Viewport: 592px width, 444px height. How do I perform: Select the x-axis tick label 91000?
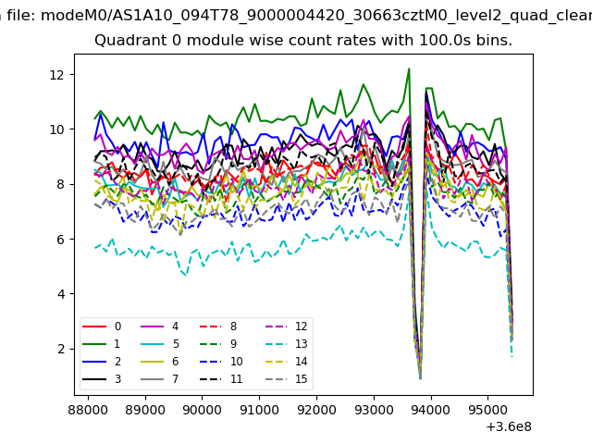258,409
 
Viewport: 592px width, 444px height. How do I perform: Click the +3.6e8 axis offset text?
508,426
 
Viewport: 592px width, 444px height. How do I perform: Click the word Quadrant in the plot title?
124,42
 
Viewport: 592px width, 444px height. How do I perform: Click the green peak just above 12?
409,68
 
